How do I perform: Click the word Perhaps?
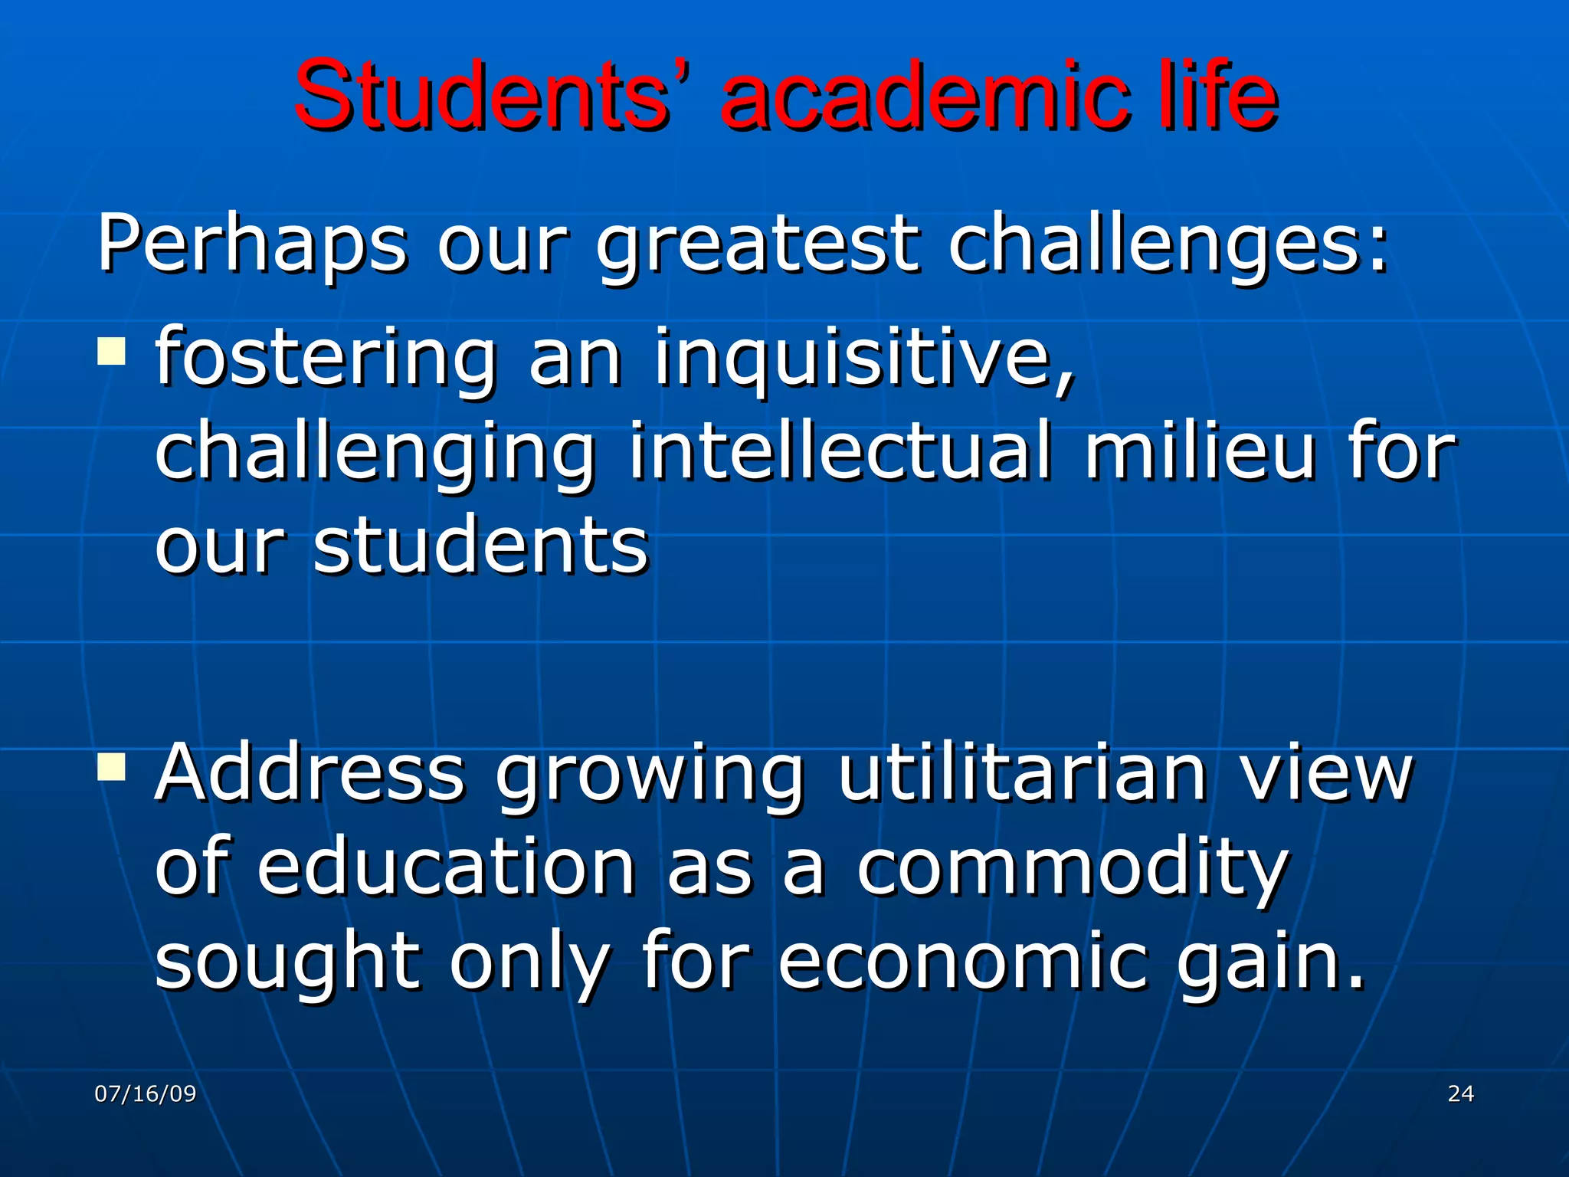[x=252, y=245]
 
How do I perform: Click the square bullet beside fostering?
[x=112, y=352]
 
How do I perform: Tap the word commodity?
[x=1073, y=870]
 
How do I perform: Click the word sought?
[x=288, y=962]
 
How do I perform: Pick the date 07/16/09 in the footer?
[x=146, y=1093]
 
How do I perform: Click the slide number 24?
[x=1460, y=1093]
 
